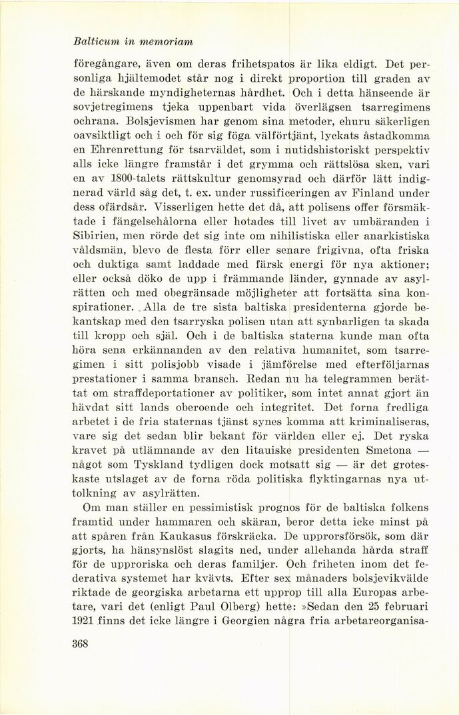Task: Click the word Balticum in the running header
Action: pyautogui.click(x=96, y=41)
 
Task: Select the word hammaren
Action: pyautogui.click(x=195, y=521)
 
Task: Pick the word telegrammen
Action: pyautogui.click(x=363, y=382)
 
